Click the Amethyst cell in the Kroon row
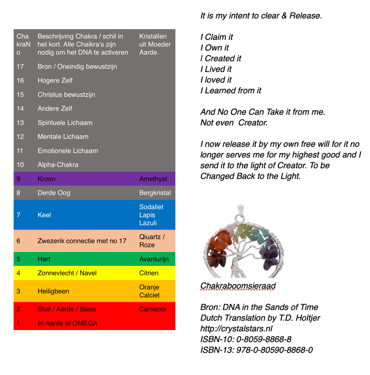[x=153, y=179]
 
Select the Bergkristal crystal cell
[x=155, y=193]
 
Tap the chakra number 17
[x=20, y=67]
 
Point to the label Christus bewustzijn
[x=66, y=94]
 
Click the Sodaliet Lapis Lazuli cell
[x=151, y=215]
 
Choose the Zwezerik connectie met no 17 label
[x=82, y=241]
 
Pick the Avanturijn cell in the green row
[x=154, y=259]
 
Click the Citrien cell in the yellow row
[x=149, y=273]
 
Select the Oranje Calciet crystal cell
[x=149, y=291]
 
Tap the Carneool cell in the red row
[x=153, y=309]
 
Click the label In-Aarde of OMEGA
[x=68, y=323]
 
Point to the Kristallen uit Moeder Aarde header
[x=155, y=44]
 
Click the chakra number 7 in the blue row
[x=18, y=215]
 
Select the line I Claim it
[x=217, y=37]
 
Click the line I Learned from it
[x=231, y=90]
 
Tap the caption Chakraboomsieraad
[x=238, y=286]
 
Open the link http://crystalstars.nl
[x=236, y=328]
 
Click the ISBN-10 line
[x=246, y=339]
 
